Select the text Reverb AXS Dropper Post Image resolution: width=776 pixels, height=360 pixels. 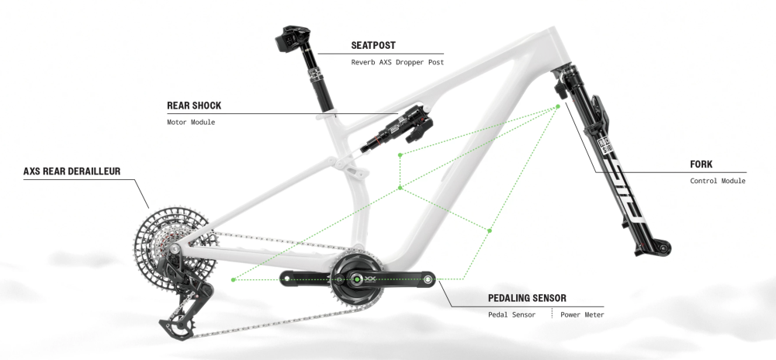tap(397, 62)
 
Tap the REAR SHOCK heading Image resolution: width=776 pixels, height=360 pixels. tap(194, 106)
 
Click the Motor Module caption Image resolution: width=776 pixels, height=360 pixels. tap(191, 123)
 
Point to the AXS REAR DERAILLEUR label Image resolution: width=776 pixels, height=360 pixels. tap(71, 171)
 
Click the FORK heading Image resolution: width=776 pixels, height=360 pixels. tap(701, 164)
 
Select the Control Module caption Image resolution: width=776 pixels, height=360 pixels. tap(718, 181)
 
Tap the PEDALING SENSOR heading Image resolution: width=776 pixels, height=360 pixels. tap(527, 297)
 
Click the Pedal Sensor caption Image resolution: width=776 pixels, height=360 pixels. tap(511, 314)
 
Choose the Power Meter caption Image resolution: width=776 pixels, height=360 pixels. tap(581, 314)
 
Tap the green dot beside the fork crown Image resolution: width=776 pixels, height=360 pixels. tap(559, 107)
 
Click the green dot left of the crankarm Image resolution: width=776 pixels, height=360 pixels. tap(233, 278)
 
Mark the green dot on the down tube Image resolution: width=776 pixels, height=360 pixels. tap(490, 230)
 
